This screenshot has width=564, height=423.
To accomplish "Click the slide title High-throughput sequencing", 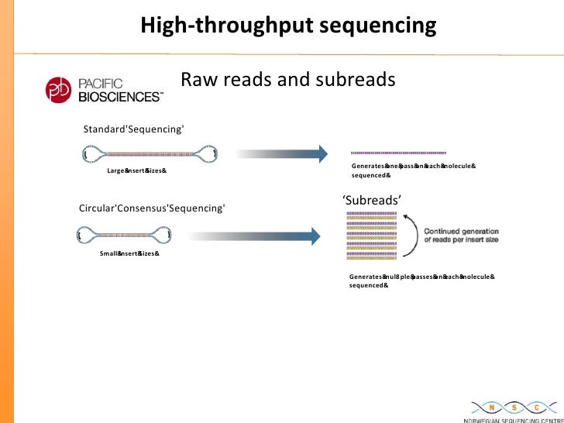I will click(x=288, y=26).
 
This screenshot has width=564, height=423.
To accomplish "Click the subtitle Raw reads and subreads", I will click(x=288, y=80).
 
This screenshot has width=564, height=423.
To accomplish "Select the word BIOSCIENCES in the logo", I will click(x=121, y=97).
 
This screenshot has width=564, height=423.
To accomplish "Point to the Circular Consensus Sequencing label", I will click(x=153, y=208).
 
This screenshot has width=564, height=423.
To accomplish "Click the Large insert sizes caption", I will click(x=136, y=170).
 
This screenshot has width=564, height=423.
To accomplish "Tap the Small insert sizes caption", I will click(x=129, y=253).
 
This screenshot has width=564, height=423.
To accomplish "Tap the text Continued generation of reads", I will click(x=461, y=236).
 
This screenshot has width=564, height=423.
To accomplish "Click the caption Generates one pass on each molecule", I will click(x=413, y=170).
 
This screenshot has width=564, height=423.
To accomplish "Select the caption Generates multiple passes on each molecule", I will click(x=421, y=280).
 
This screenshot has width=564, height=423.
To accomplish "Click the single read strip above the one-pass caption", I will click(x=398, y=153).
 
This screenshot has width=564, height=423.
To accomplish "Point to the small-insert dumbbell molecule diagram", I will click(x=123, y=234).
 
